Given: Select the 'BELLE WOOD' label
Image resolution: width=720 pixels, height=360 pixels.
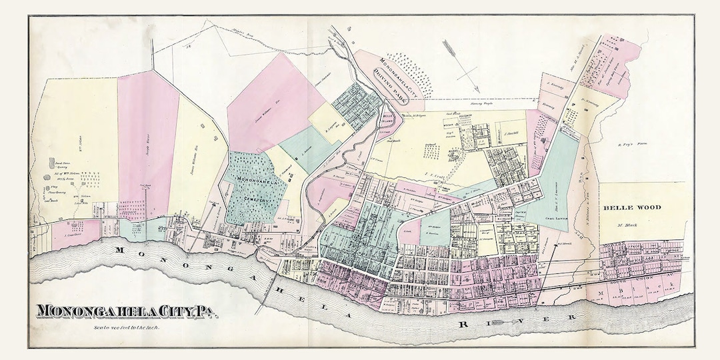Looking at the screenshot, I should [x=632, y=207].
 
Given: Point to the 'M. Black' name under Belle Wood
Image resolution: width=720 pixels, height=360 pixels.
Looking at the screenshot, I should [x=628, y=225].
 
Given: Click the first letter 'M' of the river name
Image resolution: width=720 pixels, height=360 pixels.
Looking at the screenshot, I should [x=121, y=250].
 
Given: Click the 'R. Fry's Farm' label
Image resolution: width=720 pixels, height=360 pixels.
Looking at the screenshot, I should [x=630, y=145].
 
